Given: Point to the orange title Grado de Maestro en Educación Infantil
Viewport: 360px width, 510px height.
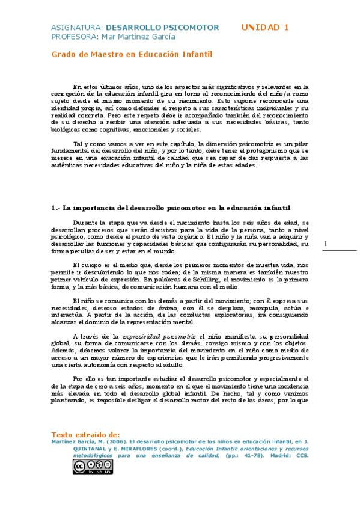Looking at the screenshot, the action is (x=132, y=54).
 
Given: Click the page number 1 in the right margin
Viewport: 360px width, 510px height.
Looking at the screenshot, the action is (x=326, y=243).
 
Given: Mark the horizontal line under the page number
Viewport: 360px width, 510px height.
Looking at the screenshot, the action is (x=340, y=250).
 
